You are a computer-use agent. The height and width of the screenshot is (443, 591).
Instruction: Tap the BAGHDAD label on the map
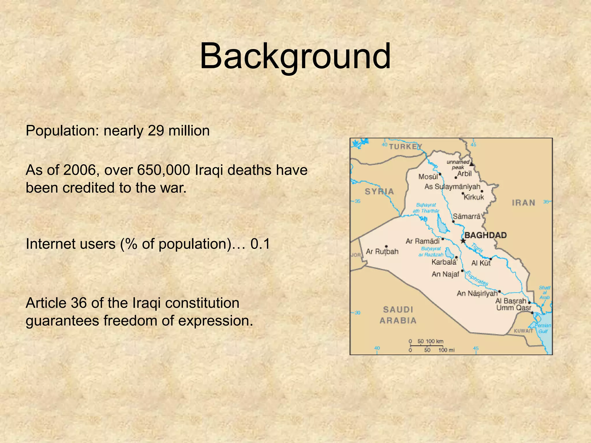coord(485,235)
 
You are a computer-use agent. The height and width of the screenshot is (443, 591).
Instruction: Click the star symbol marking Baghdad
coord(463,241)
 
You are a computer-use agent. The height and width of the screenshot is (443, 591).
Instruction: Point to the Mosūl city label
coord(428,177)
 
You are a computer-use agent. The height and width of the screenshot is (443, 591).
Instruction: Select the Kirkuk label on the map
coord(474,197)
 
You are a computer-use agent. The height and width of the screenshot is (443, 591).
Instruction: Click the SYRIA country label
coord(379,192)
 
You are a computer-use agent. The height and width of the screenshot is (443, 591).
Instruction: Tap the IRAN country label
coord(523,203)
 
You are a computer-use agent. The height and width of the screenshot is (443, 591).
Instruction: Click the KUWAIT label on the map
coord(523,331)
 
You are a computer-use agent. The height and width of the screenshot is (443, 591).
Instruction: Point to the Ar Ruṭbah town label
coord(382,251)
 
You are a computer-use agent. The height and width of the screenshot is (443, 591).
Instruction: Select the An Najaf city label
coord(445,274)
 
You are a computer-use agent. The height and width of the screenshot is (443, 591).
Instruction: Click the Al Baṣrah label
coord(511,301)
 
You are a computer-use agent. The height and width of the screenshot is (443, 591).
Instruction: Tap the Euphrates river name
coord(476,278)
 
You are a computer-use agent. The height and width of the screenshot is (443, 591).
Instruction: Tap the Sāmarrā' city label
coord(467,216)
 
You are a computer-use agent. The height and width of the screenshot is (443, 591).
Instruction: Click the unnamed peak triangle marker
coord(472,164)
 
